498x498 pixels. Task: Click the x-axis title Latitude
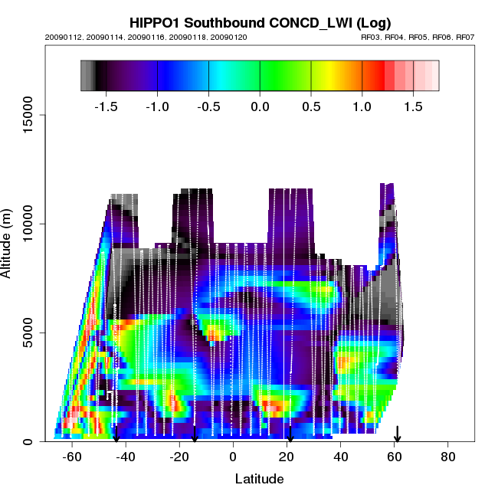click(x=259, y=479)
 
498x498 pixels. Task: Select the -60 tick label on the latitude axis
click(x=71, y=457)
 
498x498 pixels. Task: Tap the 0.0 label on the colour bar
click(x=260, y=106)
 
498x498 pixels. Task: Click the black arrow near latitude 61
click(x=397, y=434)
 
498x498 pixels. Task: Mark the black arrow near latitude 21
click(x=290, y=434)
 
